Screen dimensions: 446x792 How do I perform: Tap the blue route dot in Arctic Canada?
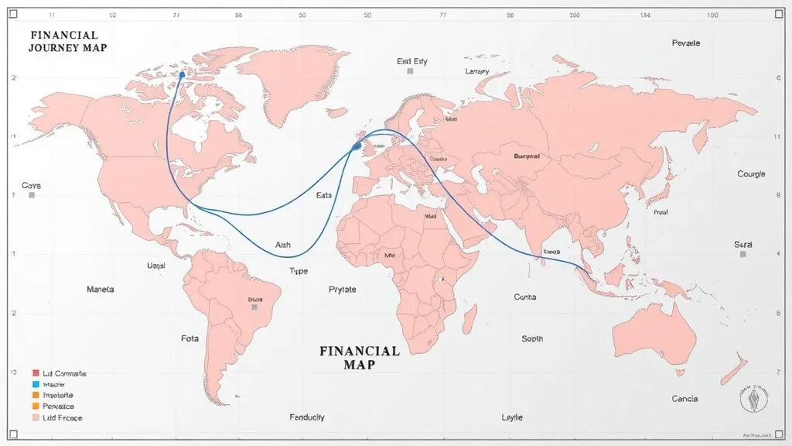pyautogui.click(x=182, y=74)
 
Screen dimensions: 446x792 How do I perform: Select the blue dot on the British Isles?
pyautogui.click(x=357, y=145)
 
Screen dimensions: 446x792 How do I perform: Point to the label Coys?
pyautogui.click(x=31, y=186)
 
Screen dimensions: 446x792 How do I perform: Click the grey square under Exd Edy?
pyautogui.click(x=410, y=71)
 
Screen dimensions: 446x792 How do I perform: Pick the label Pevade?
pyautogui.click(x=686, y=43)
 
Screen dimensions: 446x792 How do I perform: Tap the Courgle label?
pyautogui.click(x=750, y=174)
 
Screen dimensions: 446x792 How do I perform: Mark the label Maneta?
pyautogui.click(x=100, y=290)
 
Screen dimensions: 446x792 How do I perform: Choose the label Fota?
pyautogui.click(x=189, y=338)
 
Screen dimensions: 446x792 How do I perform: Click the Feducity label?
pyautogui.click(x=306, y=417)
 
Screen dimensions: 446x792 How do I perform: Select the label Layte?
pyautogui.click(x=512, y=417)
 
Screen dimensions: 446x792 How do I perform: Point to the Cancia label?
pyautogui.click(x=684, y=399)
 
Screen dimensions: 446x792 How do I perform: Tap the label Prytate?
pyautogui.click(x=342, y=290)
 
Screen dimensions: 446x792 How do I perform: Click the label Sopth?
pyautogui.click(x=532, y=338)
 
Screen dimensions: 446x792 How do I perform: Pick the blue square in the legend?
pyautogui.click(x=35, y=384)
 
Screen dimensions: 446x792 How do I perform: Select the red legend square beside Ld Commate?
pyautogui.click(x=35, y=373)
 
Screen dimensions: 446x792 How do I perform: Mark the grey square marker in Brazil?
pyautogui.click(x=254, y=307)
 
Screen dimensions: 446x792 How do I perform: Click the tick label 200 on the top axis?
pyautogui.click(x=574, y=15)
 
